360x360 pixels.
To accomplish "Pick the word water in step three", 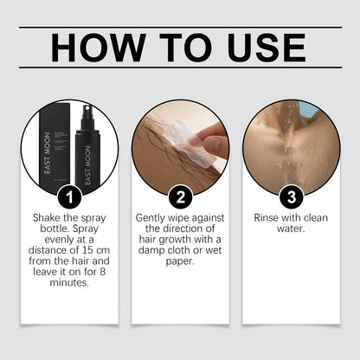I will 291,230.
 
